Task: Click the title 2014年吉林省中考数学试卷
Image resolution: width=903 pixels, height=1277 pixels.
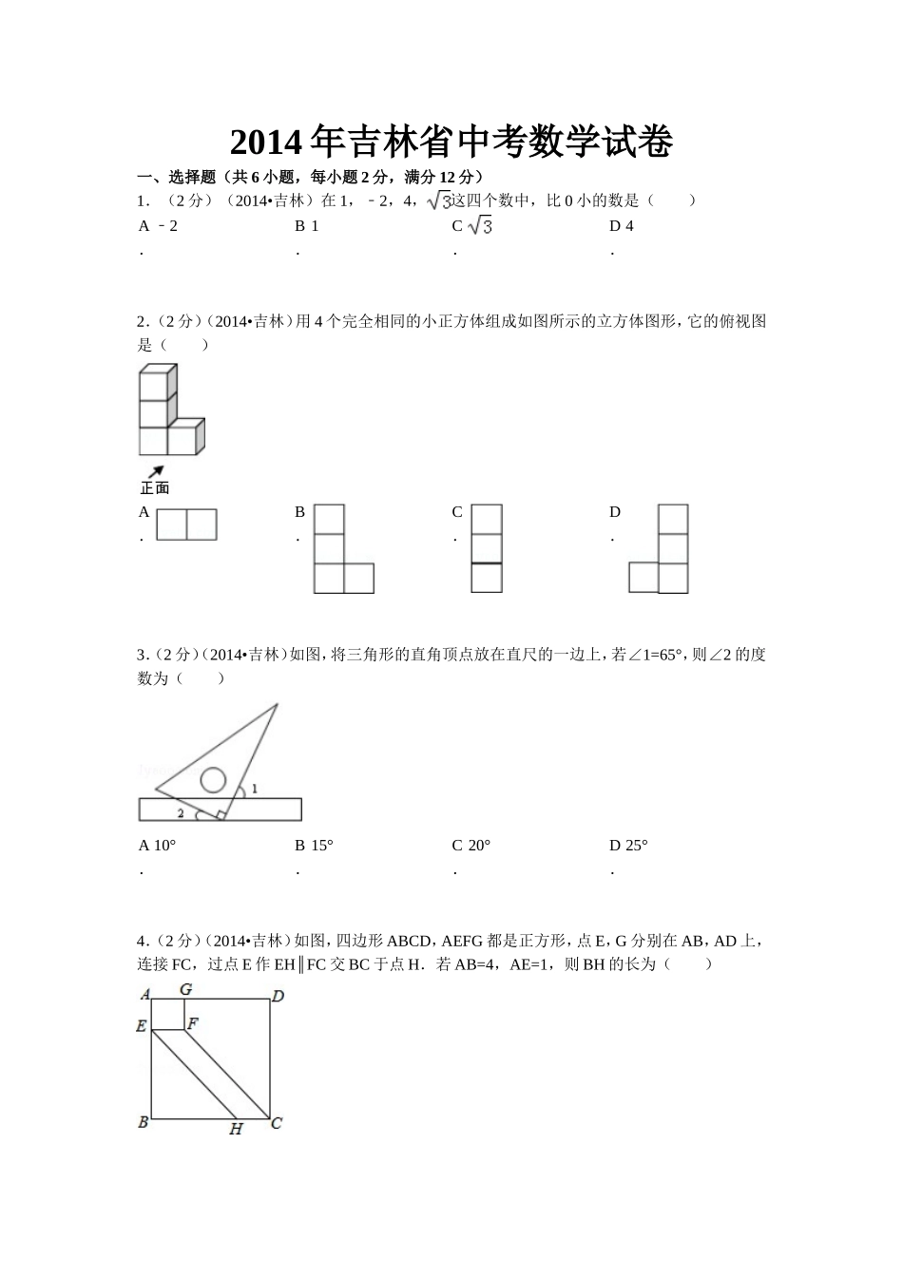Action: [451, 143]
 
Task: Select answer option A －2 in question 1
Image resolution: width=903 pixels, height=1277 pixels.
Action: [159, 226]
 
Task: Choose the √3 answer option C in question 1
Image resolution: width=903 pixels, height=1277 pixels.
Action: [473, 226]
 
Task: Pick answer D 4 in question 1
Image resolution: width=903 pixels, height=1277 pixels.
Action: [622, 226]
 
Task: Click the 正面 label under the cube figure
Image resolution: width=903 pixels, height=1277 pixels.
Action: [154, 488]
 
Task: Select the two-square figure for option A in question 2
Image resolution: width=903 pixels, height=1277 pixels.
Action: [186, 524]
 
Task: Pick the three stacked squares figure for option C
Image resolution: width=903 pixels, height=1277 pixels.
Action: [486, 548]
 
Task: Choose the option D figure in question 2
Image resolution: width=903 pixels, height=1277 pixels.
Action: [659, 549]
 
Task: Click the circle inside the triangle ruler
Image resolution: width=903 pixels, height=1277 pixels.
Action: [212, 780]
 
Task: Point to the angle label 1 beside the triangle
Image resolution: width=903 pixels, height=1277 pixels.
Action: [255, 789]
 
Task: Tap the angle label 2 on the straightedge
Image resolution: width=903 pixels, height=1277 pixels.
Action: [181, 813]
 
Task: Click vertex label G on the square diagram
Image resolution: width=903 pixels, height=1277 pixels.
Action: [185, 989]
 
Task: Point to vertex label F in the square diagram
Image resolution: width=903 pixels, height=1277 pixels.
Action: [192, 1023]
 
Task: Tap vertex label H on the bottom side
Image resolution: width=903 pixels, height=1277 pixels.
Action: [236, 1129]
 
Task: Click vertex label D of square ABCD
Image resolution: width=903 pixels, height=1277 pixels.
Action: [278, 997]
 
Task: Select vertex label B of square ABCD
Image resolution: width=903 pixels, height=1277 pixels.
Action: [144, 1122]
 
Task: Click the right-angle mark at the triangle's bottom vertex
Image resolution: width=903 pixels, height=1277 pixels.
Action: [221, 814]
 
